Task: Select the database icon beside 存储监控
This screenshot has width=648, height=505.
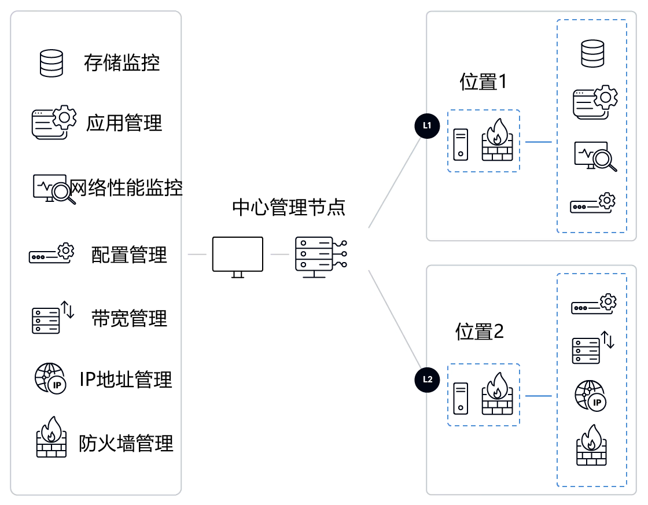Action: (51, 63)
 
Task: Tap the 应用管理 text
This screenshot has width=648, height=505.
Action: (124, 123)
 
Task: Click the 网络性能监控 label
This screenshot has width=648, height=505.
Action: (126, 187)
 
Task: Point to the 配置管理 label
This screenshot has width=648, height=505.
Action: (129, 255)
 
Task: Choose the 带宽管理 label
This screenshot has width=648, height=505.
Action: (129, 318)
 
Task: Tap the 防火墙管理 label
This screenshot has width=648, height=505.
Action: (126, 444)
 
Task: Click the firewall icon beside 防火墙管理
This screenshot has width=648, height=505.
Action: (51, 438)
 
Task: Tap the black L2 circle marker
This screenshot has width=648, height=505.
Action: (427, 379)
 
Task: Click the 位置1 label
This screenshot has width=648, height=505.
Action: (483, 82)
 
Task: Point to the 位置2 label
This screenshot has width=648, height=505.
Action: (479, 332)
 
